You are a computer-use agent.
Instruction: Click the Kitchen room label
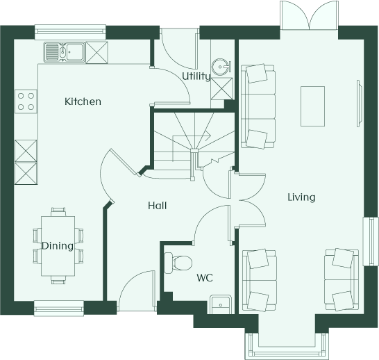83,101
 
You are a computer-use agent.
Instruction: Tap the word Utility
196,76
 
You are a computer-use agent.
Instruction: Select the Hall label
158,206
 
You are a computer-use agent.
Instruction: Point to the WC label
205,278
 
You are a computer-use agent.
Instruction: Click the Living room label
301,197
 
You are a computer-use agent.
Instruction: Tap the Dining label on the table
58,246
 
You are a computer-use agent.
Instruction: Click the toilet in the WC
178,263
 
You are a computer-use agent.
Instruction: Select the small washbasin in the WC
220,304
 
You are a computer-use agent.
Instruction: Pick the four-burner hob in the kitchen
26,101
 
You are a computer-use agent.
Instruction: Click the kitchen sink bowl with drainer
65,51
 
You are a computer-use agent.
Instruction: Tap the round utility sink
221,66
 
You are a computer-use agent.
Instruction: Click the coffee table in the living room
312,106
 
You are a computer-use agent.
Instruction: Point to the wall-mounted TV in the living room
359,104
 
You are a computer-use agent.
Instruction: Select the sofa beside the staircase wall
258,106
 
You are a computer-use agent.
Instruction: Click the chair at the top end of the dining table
58,212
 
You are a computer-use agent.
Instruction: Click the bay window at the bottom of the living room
287,346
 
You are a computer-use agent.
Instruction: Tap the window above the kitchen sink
70,32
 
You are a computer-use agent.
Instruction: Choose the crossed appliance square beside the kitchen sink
96,52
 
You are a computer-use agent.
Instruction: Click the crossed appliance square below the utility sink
221,88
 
